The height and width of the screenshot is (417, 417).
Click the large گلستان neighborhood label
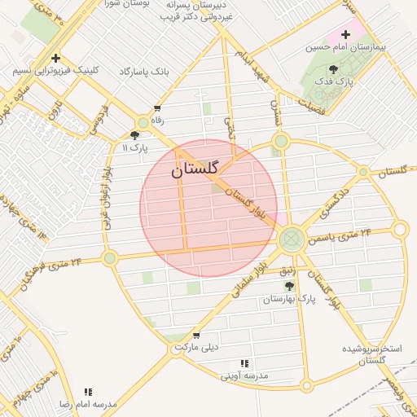pyautogui.click(x=195, y=169)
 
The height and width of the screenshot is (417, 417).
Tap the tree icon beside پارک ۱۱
pyautogui.click(x=134, y=136)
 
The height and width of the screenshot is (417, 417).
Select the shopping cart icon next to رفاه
pyautogui.click(x=157, y=108)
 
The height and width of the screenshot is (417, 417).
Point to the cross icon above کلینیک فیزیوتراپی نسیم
pyautogui.click(x=55, y=58)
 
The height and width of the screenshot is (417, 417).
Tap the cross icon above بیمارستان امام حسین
pyautogui.click(x=345, y=35)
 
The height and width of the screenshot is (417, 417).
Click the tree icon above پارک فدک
pyautogui.click(x=332, y=70)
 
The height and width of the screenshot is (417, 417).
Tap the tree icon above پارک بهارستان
pyautogui.click(x=289, y=287)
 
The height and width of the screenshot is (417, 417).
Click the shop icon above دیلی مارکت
pyautogui.click(x=196, y=336)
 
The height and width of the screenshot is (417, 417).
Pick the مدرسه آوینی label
pyautogui.click(x=244, y=376)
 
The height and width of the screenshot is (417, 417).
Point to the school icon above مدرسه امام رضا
pyautogui.click(x=88, y=392)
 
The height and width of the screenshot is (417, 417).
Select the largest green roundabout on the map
pyautogui.click(x=291, y=239)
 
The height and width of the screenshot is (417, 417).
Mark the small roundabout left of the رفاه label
pyautogui.click(x=143, y=122)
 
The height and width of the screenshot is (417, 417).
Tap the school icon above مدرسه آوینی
pyautogui.click(x=244, y=363)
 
